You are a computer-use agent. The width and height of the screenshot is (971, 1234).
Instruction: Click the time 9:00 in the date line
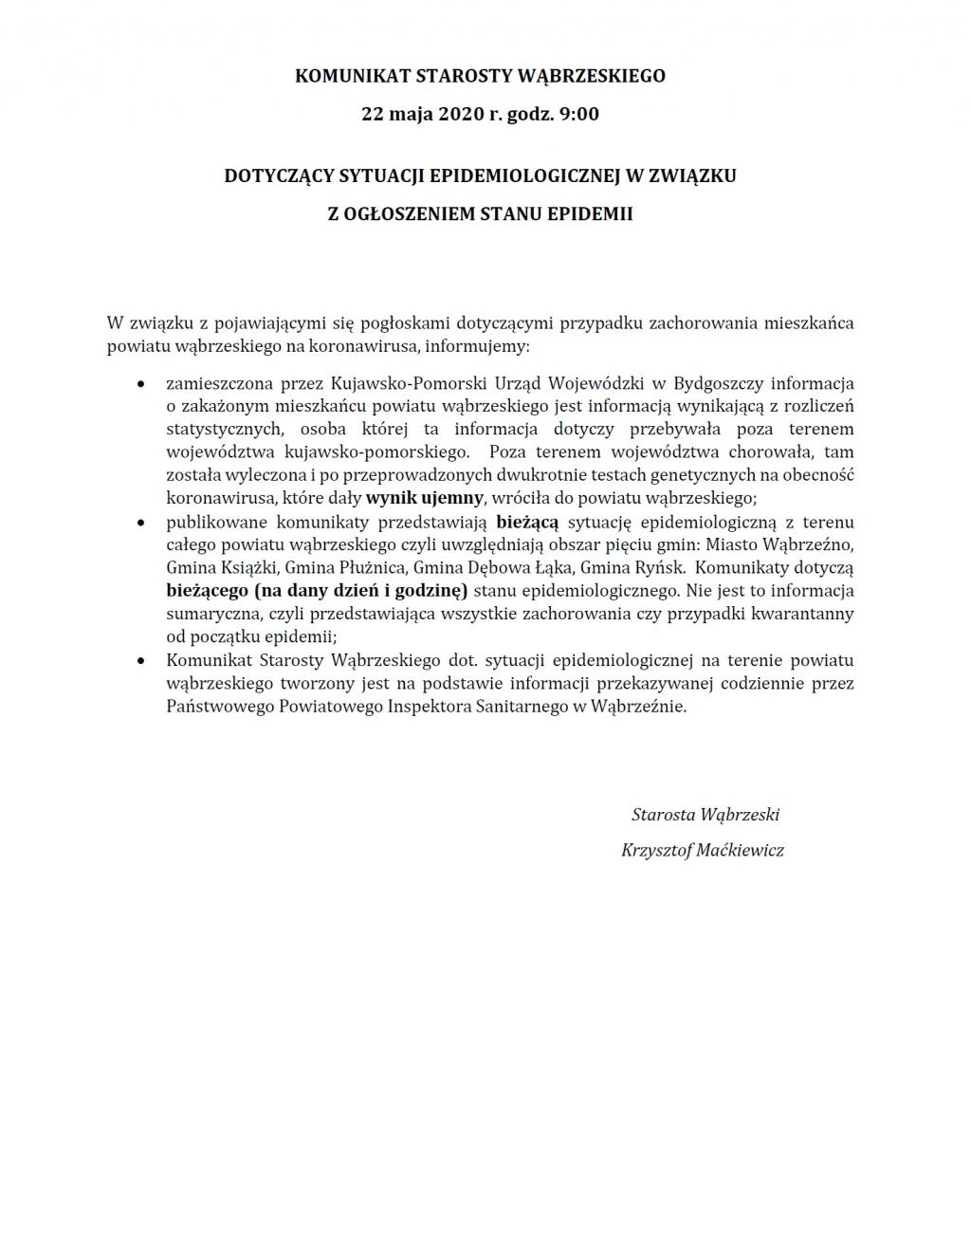tap(579, 115)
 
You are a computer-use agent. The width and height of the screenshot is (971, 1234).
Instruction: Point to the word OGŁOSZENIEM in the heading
tap(412, 214)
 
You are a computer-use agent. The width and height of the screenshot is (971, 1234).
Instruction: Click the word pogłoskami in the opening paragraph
tap(412, 322)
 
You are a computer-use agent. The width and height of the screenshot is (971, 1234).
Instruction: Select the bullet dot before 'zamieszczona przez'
tap(141, 385)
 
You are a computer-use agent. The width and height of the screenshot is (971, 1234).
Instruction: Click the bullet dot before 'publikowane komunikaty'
tap(141, 523)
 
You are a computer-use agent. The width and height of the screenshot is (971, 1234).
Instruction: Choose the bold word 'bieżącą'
tap(527, 522)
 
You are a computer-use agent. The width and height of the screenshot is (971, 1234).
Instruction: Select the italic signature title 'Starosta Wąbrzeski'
tap(705, 815)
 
